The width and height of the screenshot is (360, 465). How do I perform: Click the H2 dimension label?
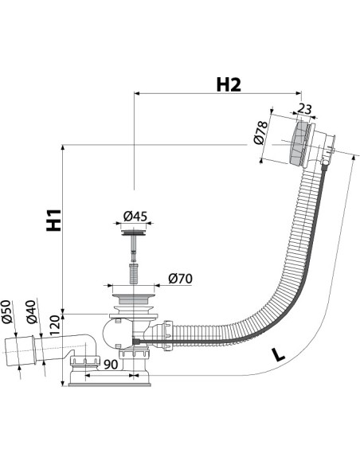pos(229,85)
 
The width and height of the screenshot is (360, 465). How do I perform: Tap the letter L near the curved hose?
pos(279,354)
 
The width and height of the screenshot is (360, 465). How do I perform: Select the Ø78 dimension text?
pos(260,132)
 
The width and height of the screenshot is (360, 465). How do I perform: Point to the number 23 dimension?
pos(304,109)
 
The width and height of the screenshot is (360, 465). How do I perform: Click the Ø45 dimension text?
pos(135,217)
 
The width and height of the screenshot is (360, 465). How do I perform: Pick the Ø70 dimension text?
pos(180,279)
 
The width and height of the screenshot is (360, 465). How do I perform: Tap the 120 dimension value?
pos(55,326)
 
